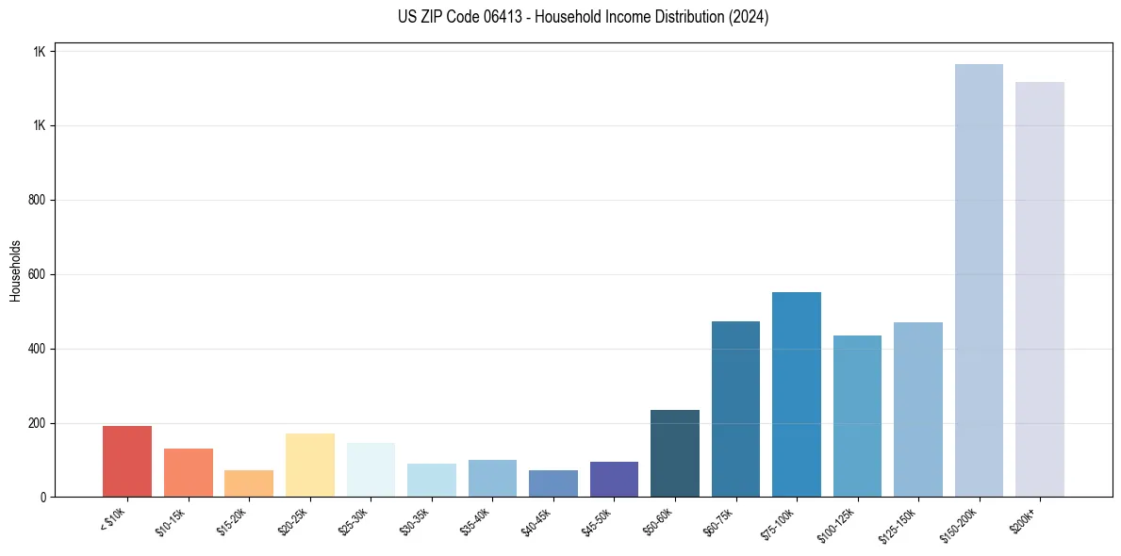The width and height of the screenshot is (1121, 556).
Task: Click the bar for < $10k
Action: pos(127,462)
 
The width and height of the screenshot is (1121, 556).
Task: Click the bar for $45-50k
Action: pos(614,480)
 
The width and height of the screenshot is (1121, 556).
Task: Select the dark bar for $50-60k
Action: pos(675,453)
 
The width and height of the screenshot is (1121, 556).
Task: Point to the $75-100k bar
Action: pos(797,395)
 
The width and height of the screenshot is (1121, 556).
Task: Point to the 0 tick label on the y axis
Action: pos(42,498)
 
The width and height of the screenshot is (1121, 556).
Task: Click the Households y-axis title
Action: pos(16,270)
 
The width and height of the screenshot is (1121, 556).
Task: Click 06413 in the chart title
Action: pos(503,17)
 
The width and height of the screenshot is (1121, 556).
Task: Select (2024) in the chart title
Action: pos(750,17)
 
